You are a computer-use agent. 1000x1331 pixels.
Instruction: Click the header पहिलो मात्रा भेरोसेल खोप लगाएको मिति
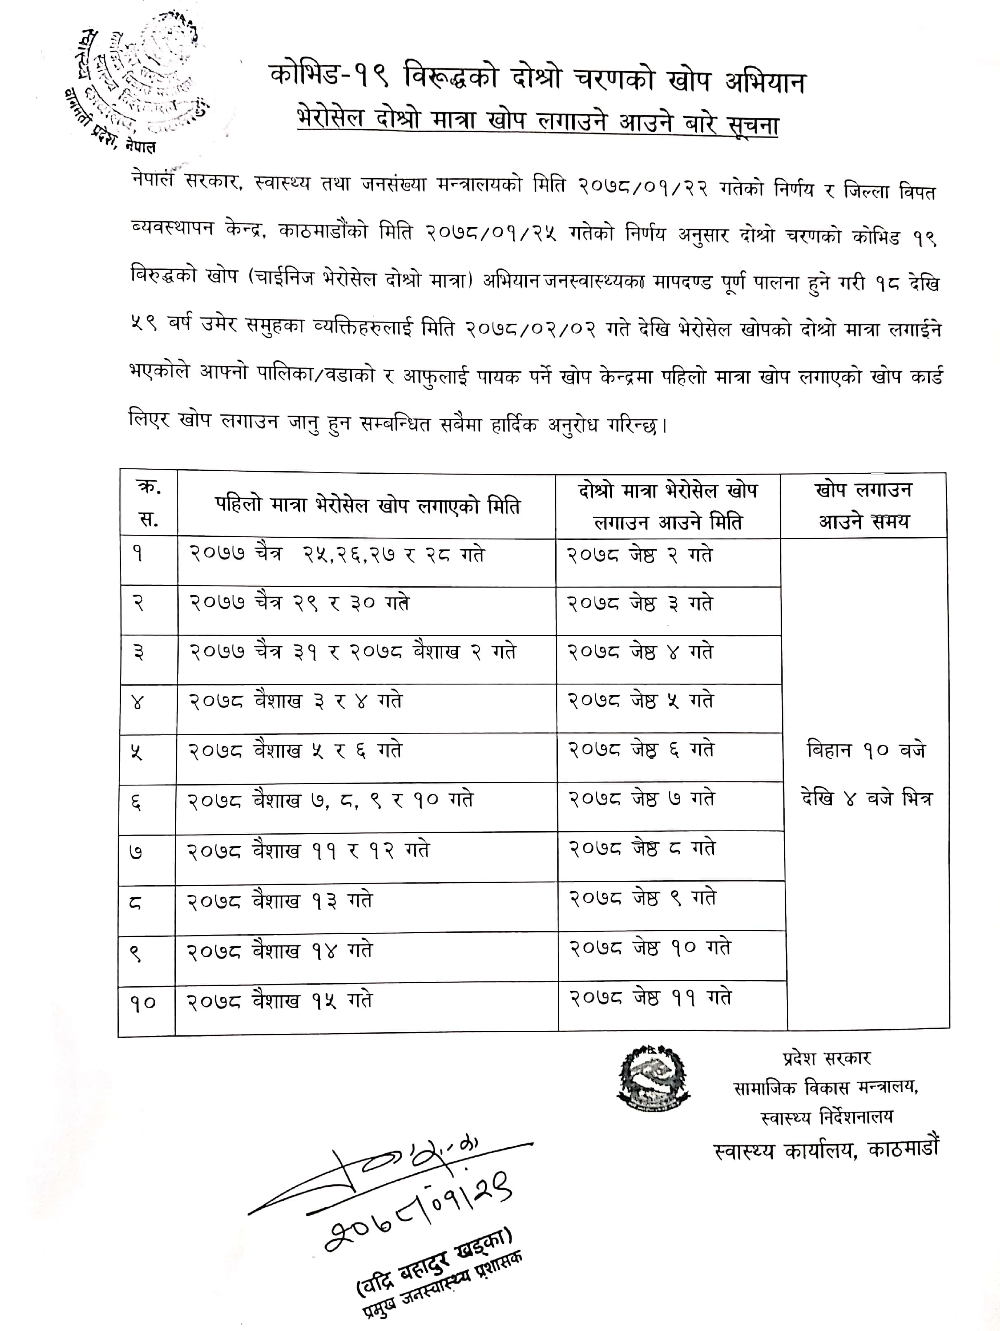tap(367, 506)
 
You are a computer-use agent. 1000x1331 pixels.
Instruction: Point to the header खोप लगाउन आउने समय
tap(863, 506)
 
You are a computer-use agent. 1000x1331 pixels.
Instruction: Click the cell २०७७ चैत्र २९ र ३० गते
tap(300, 603)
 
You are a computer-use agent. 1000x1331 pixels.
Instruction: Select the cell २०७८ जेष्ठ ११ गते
tap(651, 998)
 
